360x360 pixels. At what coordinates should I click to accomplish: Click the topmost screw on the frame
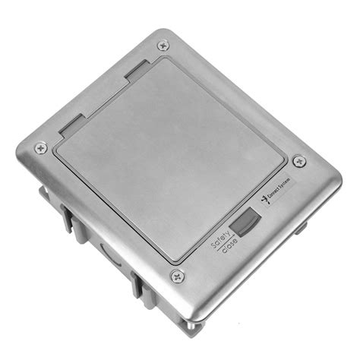pyautogui.click(x=162, y=46)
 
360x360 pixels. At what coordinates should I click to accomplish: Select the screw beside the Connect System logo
pyautogui.click(x=299, y=161)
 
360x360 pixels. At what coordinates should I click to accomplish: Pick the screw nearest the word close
pyautogui.click(x=177, y=276)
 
